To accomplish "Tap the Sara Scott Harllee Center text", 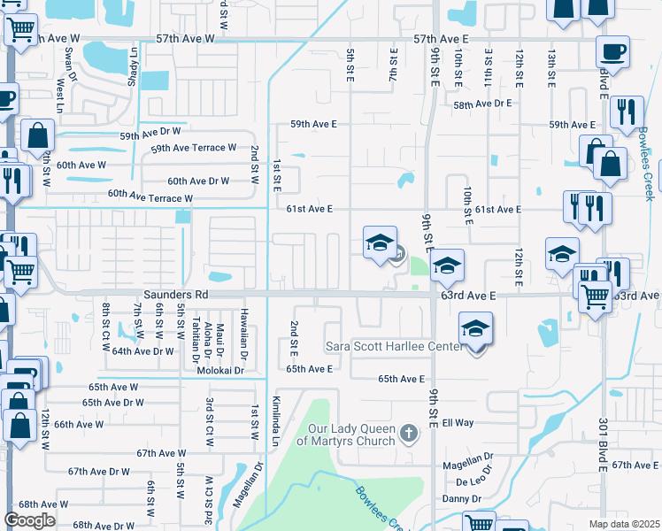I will pos(395,346).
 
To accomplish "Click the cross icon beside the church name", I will pos(407,434).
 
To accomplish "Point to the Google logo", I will pos(29,519).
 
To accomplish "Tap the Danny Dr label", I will pos(461,499).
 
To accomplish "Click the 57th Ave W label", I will pos(185,39).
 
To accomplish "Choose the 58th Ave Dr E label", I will pos(483,104).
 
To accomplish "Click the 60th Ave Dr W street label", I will pos(198,181).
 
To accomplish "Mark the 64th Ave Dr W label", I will pos(143,351).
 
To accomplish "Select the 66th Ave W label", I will pos(79,424).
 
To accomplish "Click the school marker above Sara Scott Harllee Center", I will pos(476,331).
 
